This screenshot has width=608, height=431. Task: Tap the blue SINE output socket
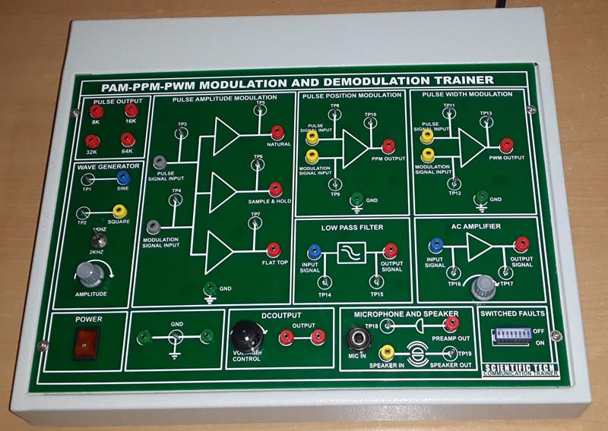[122, 178]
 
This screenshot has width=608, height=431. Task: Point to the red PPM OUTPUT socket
[388, 146]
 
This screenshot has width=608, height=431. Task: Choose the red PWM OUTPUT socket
[506, 144]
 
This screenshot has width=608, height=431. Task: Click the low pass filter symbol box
[351, 252]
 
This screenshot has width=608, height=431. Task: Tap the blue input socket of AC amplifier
[435, 244]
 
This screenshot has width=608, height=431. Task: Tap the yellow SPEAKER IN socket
[386, 351]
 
